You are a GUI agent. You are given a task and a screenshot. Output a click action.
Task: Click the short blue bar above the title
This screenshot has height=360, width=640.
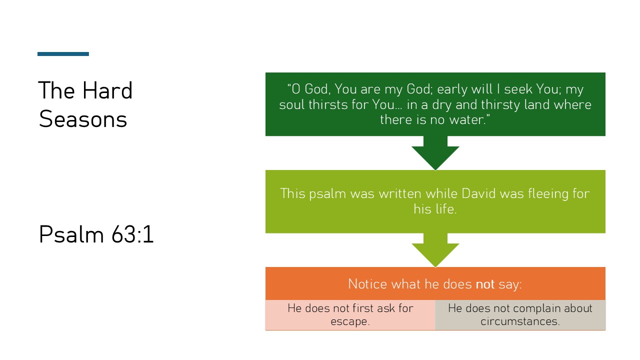[x=63, y=54]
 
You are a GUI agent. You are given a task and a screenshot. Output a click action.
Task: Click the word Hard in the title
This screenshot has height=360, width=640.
[x=107, y=90]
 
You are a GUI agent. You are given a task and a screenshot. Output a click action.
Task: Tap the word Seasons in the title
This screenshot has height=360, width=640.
[x=83, y=119]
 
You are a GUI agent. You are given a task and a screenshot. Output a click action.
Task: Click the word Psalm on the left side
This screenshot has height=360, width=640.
[x=67, y=235]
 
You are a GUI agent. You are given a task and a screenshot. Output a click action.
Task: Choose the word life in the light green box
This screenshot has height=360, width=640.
[x=444, y=208]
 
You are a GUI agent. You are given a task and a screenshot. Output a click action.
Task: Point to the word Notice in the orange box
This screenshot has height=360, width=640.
[x=367, y=284]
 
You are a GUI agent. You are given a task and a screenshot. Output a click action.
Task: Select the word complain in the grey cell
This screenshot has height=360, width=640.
[x=535, y=308]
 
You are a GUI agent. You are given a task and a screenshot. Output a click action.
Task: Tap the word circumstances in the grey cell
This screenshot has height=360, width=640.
[x=520, y=321]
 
